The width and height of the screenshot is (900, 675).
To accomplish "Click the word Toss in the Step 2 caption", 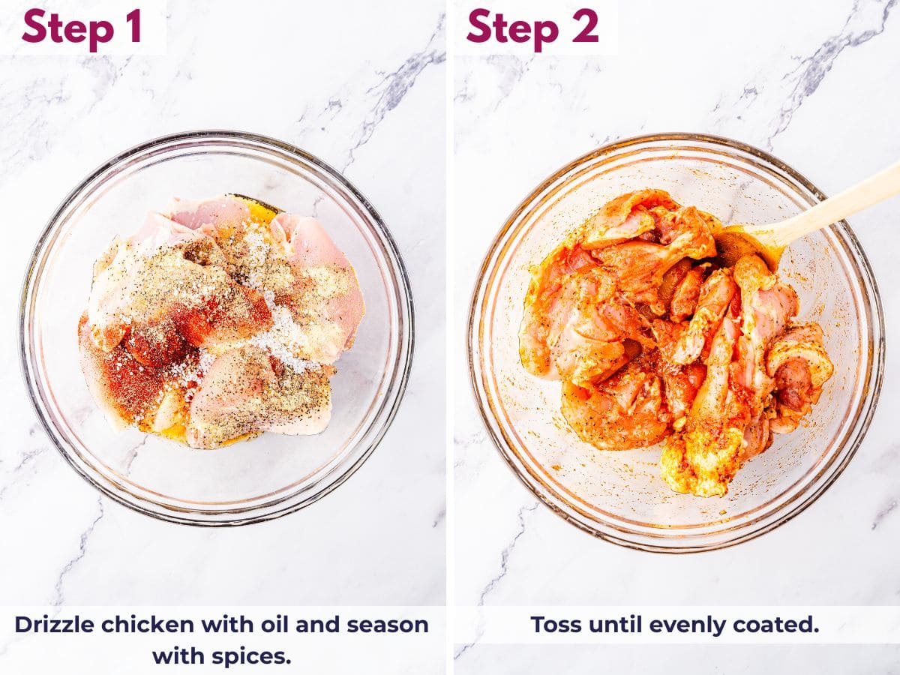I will [x=554, y=624].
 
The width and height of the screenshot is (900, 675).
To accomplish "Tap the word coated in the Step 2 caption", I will [x=780, y=624].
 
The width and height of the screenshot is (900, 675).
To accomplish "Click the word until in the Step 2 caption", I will [x=614, y=624].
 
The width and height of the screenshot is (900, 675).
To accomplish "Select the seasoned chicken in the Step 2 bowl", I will [x=660, y=337].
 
